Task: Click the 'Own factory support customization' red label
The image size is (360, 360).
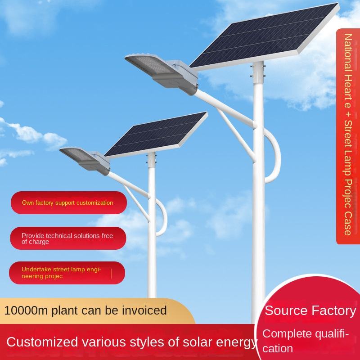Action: pyautogui.click(x=67, y=203)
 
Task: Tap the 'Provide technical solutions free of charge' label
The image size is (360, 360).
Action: pyautogui.click(x=67, y=238)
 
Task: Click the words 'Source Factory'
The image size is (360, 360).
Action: pyautogui.click(x=310, y=310)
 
